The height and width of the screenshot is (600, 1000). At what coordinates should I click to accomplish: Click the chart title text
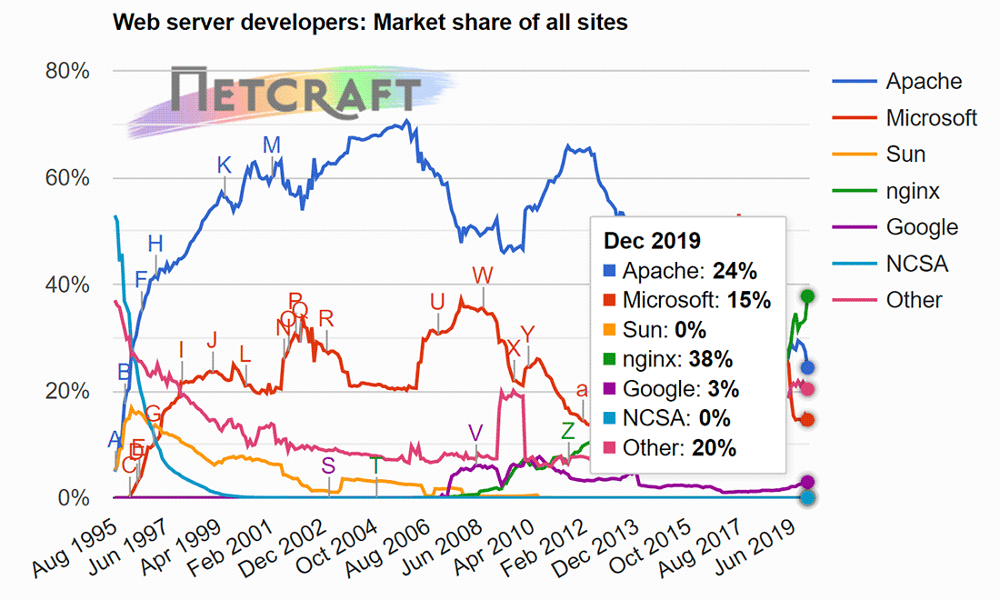(x=370, y=23)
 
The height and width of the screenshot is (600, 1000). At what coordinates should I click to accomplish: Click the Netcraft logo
(x=296, y=91)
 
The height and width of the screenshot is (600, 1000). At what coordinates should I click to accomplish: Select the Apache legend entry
(x=923, y=82)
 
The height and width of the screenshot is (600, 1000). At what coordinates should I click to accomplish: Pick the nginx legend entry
(x=913, y=191)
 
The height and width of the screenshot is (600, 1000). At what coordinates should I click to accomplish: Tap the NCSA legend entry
(x=916, y=264)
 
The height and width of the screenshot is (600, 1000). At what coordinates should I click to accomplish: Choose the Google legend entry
(x=922, y=227)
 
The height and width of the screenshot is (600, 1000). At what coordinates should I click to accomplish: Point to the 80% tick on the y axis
(x=67, y=71)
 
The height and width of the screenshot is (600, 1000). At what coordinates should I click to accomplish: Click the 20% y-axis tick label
(x=67, y=391)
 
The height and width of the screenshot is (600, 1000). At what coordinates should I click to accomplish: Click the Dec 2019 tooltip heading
(x=652, y=242)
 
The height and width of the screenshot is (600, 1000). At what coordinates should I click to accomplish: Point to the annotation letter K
(x=224, y=165)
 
